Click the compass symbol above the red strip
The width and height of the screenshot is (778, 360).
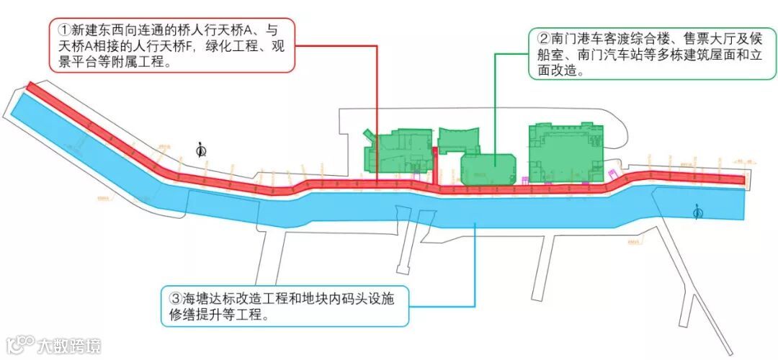(x=202, y=149)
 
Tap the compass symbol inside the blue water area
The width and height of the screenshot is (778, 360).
(x=697, y=211)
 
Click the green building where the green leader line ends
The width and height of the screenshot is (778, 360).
(x=488, y=168)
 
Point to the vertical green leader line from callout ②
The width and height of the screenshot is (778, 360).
(x=494, y=108)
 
